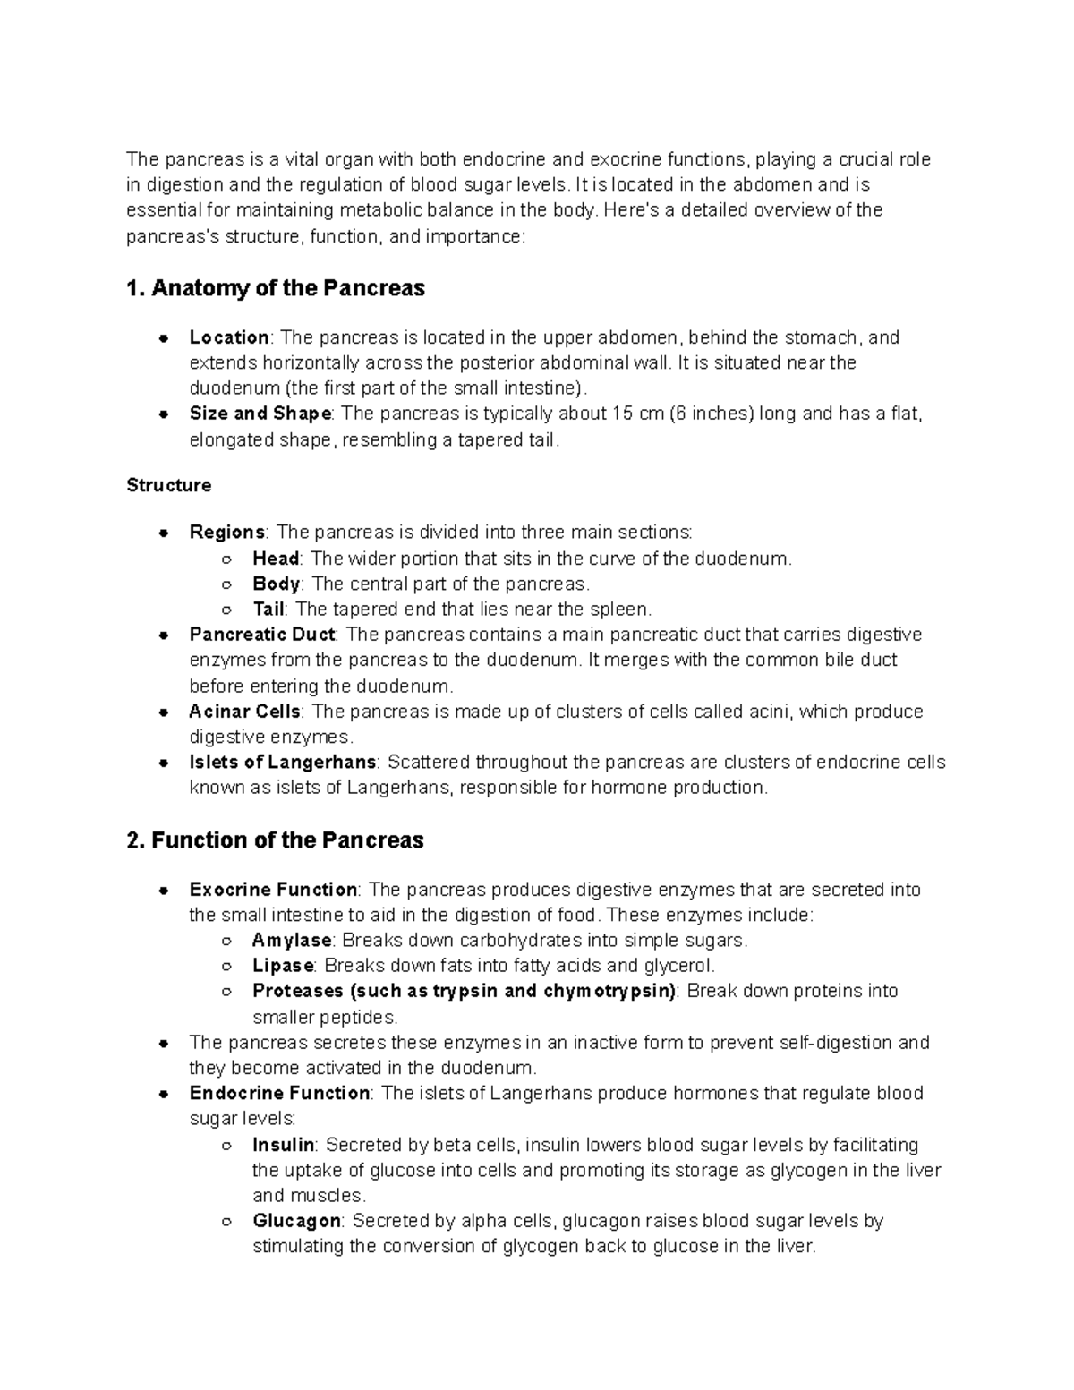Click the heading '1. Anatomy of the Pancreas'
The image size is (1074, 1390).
tap(276, 288)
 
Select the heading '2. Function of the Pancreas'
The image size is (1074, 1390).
tap(276, 840)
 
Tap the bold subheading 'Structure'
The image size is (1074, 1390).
tap(169, 485)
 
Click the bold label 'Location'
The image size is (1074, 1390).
tap(229, 337)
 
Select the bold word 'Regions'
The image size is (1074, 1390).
tap(227, 533)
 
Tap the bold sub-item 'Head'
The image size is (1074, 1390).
tap(276, 559)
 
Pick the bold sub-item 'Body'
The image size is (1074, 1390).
tap(276, 584)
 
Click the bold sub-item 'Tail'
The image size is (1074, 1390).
tap(268, 610)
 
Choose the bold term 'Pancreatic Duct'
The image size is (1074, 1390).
tap(262, 635)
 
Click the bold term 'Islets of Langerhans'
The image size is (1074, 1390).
tap(283, 763)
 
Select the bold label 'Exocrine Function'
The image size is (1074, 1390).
tap(273, 890)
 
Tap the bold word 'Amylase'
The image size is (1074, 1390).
tap(292, 941)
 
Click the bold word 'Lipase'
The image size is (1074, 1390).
tap(283, 966)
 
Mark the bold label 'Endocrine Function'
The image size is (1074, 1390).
tap(279, 1093)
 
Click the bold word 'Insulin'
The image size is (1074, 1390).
tap(284, 1145)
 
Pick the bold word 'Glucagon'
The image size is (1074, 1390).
tap(296, 1221)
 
